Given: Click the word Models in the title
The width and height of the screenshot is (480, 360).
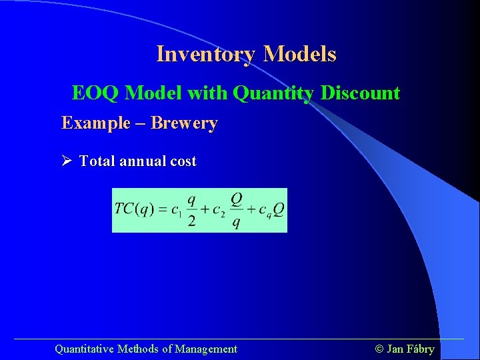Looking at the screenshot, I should [x=299, y=54].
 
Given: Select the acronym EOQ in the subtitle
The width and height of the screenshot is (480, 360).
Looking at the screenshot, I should [x=95, y=93].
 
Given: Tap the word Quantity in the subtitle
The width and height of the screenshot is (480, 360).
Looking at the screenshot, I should [x=273, y=93].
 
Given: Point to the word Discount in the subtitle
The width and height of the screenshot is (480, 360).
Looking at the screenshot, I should [x=360, y=93].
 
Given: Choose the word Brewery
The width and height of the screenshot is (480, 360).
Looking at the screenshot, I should [x=184, y=123].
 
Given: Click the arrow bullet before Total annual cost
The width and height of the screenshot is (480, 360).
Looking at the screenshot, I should [x=67, y=161].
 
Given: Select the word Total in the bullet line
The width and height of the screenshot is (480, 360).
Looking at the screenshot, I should [x=97, y=161].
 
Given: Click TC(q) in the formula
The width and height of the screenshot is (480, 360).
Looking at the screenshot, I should [x=135, y=209].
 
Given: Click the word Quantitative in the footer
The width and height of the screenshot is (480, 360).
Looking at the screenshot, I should [x=84, y=349].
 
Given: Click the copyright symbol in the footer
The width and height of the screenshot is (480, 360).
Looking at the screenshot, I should [x=379, y=349].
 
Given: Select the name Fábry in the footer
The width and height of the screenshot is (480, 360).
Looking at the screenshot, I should [x=420, y=349].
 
